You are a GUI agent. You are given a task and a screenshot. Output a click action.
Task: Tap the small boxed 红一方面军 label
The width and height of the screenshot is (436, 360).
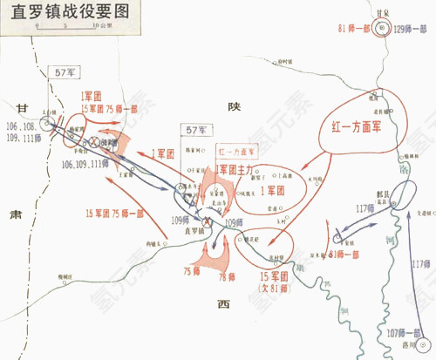237,151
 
